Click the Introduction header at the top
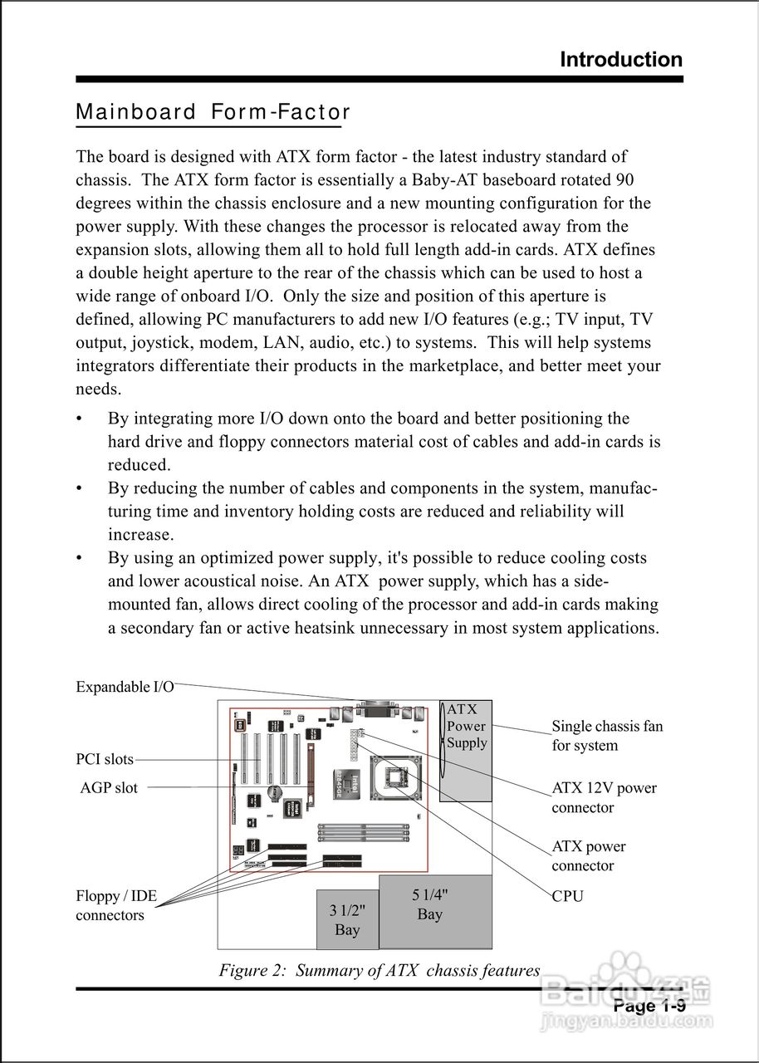coord(621,60)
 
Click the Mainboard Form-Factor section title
coord(213,112)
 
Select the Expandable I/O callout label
coord(125,687)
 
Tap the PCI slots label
coord(105,759)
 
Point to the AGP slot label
coord(109,787)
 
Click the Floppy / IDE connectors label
coord(116,906)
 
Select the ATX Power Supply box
coord(466,727)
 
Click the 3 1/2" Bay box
coord(347,919)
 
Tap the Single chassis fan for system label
coord(607,736)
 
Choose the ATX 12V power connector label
coord(604,797)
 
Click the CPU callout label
coord(568,896)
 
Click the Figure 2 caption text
coord(379,970)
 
